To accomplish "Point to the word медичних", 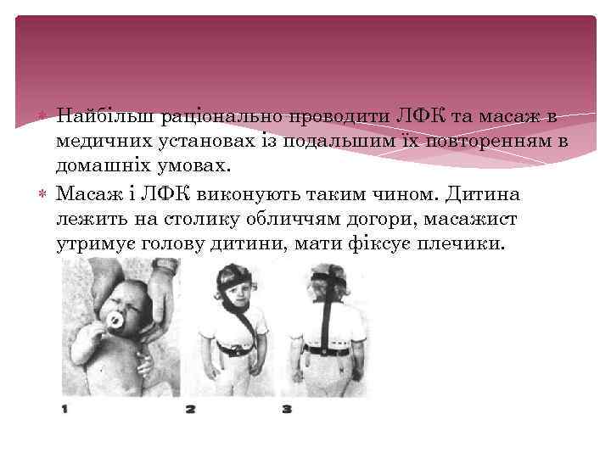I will tap(94, 140).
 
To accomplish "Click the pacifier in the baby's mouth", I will tap(112, 321).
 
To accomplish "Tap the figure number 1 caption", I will tap(65, 409).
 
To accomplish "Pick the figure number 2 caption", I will tap(190, 409).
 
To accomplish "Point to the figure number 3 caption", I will tap(287, 409).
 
